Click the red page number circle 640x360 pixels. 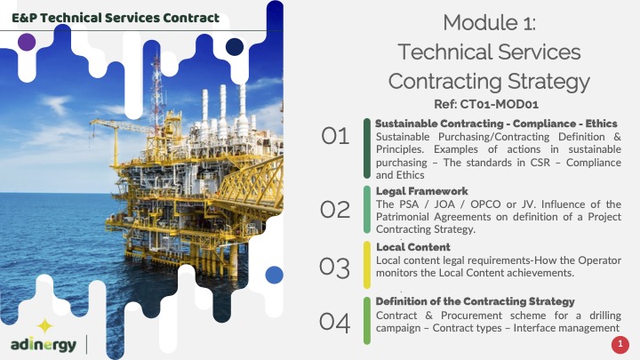(620, 345)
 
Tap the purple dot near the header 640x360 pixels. (27, 42)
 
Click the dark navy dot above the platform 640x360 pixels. (235, 47)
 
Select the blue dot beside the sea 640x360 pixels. (275, 275)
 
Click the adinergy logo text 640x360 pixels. (44, 345)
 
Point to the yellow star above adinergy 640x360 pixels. (45, 326)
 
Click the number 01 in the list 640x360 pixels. (335, 136)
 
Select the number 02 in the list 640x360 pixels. (335, 210)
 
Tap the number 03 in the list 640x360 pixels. (335, 268)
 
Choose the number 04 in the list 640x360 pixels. (335, 323)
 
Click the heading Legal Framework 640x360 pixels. (421, 191)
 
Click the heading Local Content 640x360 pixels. (413, 247)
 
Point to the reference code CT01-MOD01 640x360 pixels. (500, 105)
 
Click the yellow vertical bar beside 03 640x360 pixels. (367, 265)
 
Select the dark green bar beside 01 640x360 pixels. (367, 148)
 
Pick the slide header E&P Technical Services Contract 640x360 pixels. (116, 18)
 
